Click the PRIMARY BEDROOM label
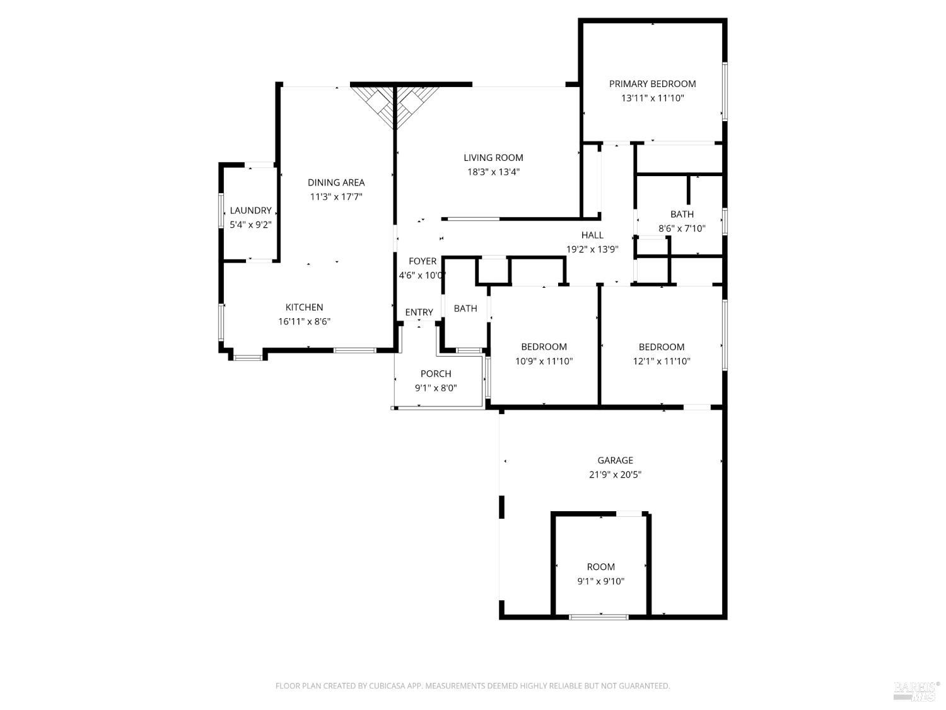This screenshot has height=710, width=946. pos(652,84)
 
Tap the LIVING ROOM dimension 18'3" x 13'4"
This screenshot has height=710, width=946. pos(493,172)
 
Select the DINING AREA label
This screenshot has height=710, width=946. pos(336,182)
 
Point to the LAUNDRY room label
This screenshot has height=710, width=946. pos(250,210)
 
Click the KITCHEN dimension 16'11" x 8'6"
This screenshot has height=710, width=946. pos(305,321)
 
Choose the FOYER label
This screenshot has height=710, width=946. pos(423,261)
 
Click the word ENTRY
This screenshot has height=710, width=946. pos(419,312)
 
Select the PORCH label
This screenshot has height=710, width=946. pos(436,374)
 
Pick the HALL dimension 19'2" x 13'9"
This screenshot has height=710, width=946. pos(592,249)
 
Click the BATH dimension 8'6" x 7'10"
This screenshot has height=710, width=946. pos(682,228)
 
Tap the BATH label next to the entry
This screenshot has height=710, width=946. pos(465,309)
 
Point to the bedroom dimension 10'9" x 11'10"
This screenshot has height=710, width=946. pos(544,362)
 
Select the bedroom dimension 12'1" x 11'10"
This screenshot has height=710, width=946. pos(662,362)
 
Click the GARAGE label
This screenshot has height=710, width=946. pos(615,461)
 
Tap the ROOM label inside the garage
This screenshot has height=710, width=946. pos(600,567)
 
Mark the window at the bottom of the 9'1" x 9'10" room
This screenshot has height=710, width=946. pos(599,616)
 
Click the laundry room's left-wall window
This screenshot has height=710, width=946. pos(221,210)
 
